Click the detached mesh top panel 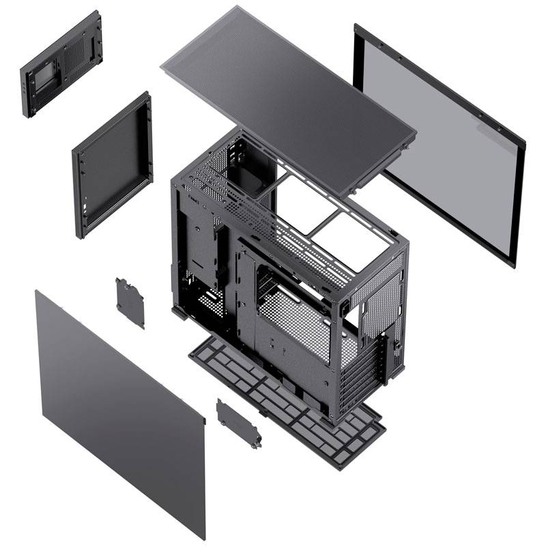pyautogui.click(x=287, y=96)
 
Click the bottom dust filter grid pyautogui.click(x=287, y=403)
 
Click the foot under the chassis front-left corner pyautogui.click(x=182, y=315)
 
